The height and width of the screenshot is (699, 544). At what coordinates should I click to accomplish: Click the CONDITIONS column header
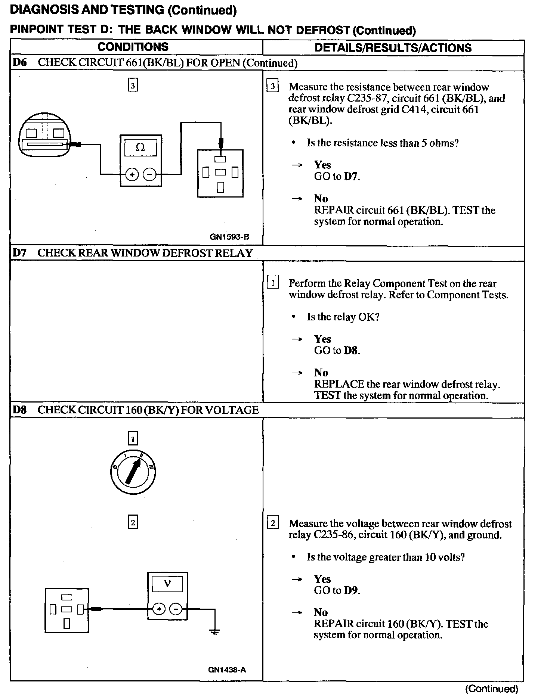tap(133, 47)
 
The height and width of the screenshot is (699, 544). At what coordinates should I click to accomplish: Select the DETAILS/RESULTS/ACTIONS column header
tap(393, 48)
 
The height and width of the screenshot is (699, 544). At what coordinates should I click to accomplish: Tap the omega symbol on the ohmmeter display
tap(140, 147)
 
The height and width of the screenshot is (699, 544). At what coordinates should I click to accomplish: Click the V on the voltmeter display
tap(167, 583)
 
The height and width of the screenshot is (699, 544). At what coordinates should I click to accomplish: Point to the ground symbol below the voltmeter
tap(215, 632)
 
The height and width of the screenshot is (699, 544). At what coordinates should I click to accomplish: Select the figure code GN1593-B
tap(229, 236)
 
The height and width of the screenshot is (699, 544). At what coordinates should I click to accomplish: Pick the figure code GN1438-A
tap(227, 670)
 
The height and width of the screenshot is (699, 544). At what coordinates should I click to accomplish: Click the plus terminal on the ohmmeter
tap(132, 174)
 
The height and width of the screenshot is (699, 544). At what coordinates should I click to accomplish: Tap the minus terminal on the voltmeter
tap(176, 609)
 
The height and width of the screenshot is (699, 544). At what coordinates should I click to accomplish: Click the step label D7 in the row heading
tap(19, 253)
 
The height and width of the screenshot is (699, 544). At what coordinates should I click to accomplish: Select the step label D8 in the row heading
tap(19, 410)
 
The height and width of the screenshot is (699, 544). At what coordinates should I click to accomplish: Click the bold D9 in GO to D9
tap(351, 590)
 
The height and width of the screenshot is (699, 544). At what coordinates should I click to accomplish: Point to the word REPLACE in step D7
tap(339, 384)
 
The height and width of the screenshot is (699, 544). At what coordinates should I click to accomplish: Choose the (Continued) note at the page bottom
tap(492, 689)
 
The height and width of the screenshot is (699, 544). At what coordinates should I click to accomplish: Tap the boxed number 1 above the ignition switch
tap(133, 438)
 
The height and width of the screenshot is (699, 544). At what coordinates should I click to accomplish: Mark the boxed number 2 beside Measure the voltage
tap(273, 524)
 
